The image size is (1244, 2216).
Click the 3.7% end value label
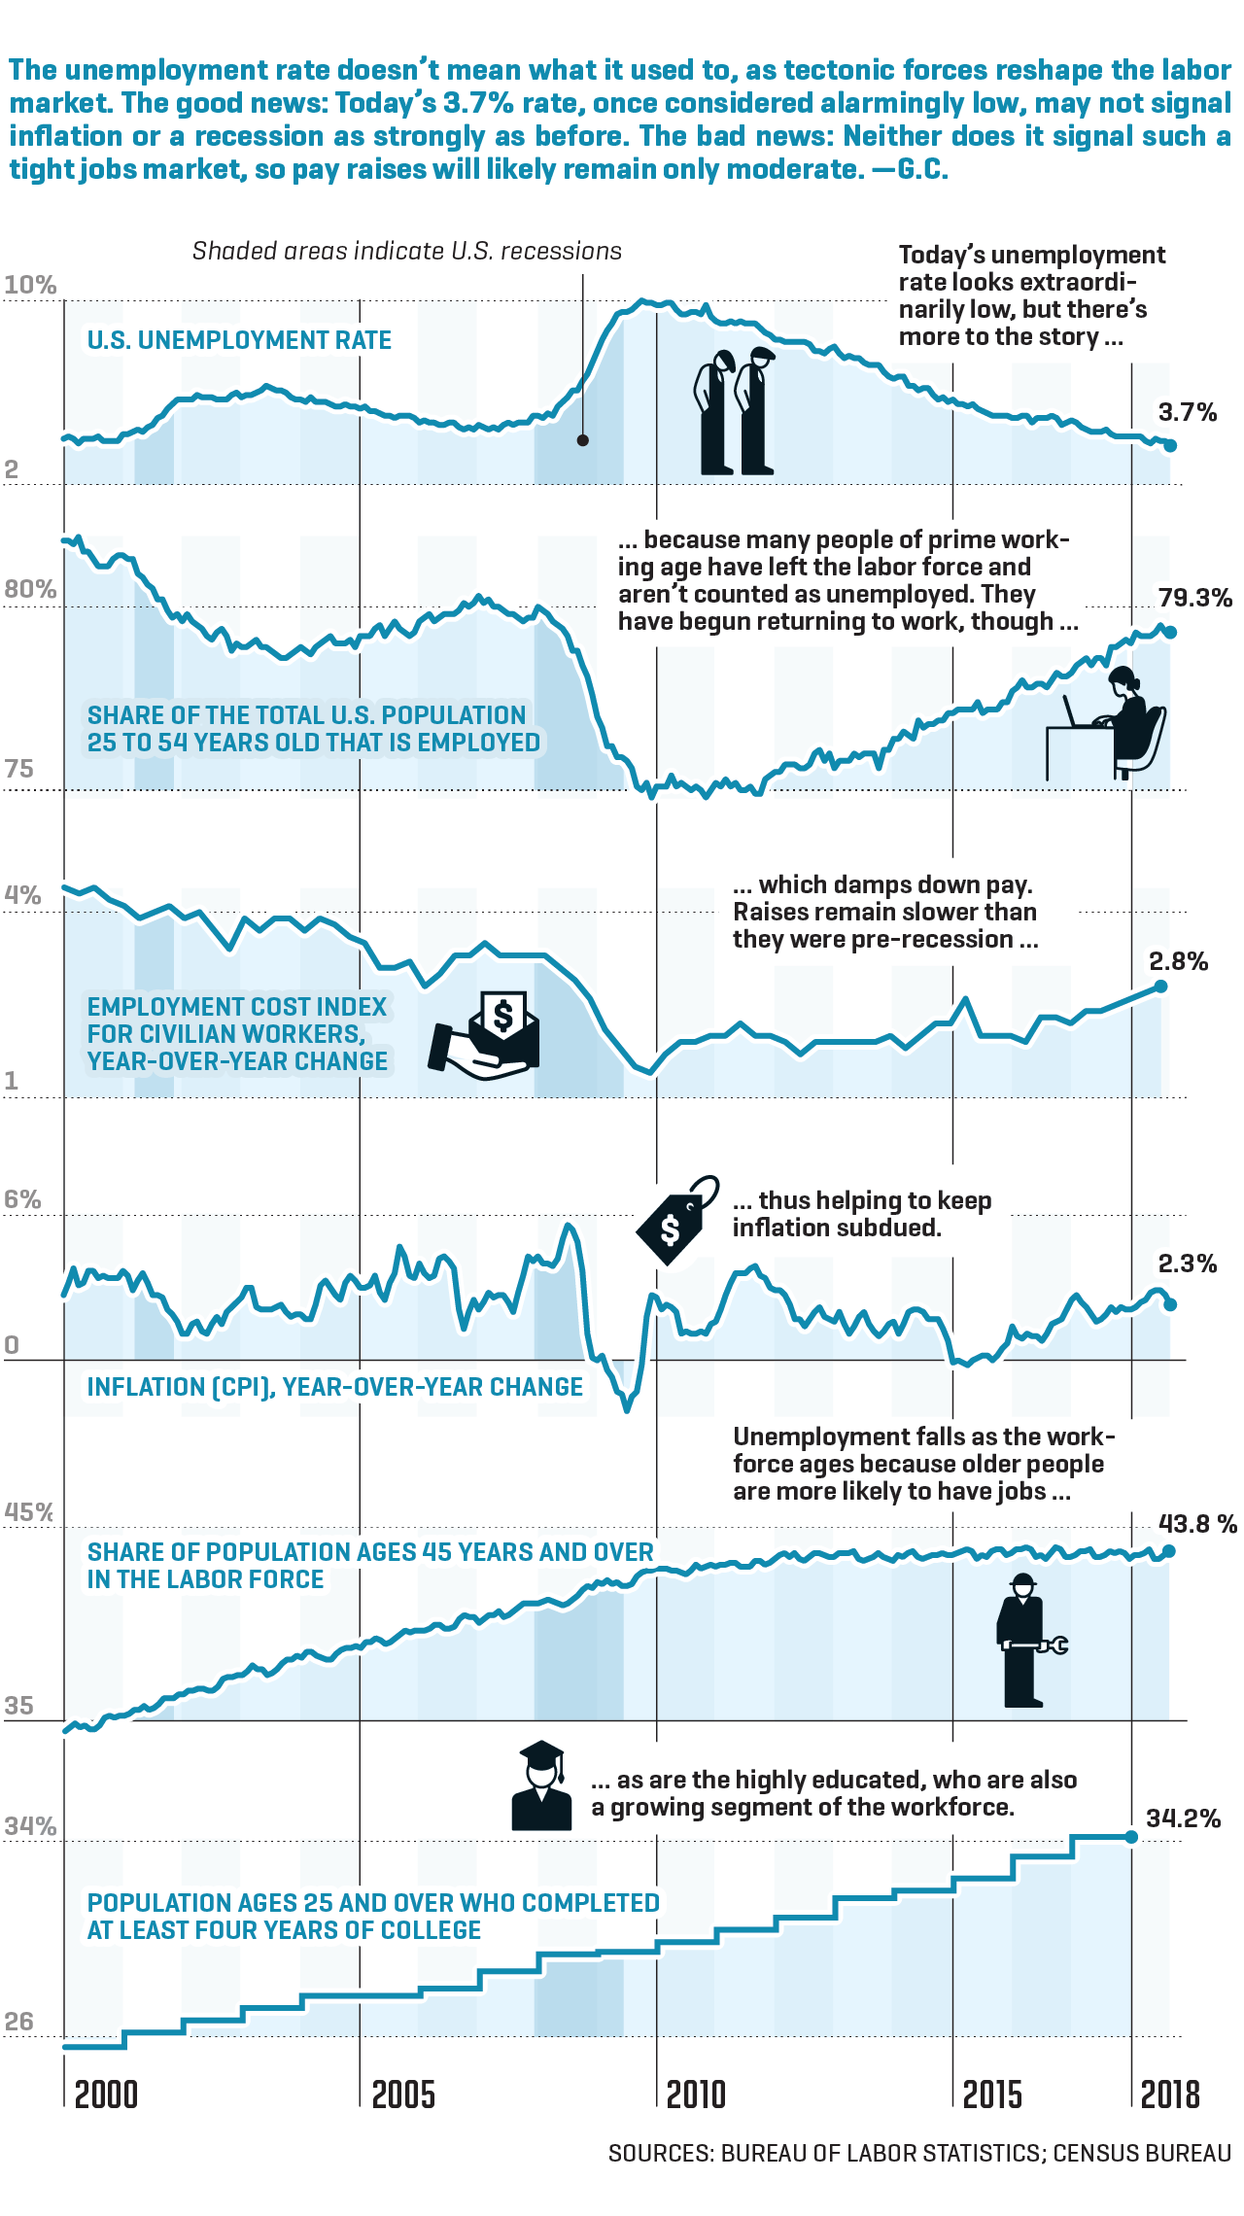click(1187, 412)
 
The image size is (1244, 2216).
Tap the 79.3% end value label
click(1194, 598)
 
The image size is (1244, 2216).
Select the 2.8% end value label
click(1178, 961)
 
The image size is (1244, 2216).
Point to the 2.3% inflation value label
click(1187, 1264)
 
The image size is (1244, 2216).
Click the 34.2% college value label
click(1183, 1818)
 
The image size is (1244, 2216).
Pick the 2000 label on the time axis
click(106, 2095)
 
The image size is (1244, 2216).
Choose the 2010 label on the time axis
click(696, 2095)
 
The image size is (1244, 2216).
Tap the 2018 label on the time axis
click(1170, 2095)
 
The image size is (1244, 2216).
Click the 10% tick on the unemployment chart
click(30, 285)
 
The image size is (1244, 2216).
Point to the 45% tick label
click(29, 1512)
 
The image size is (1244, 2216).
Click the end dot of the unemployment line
click(1170, 445)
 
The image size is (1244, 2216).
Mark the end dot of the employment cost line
click(1160, 987)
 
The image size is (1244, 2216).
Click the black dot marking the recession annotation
click(582, 440)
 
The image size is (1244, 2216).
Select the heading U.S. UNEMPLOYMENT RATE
click(239, 340)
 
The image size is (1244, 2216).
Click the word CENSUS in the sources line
click(1092, 2154)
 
